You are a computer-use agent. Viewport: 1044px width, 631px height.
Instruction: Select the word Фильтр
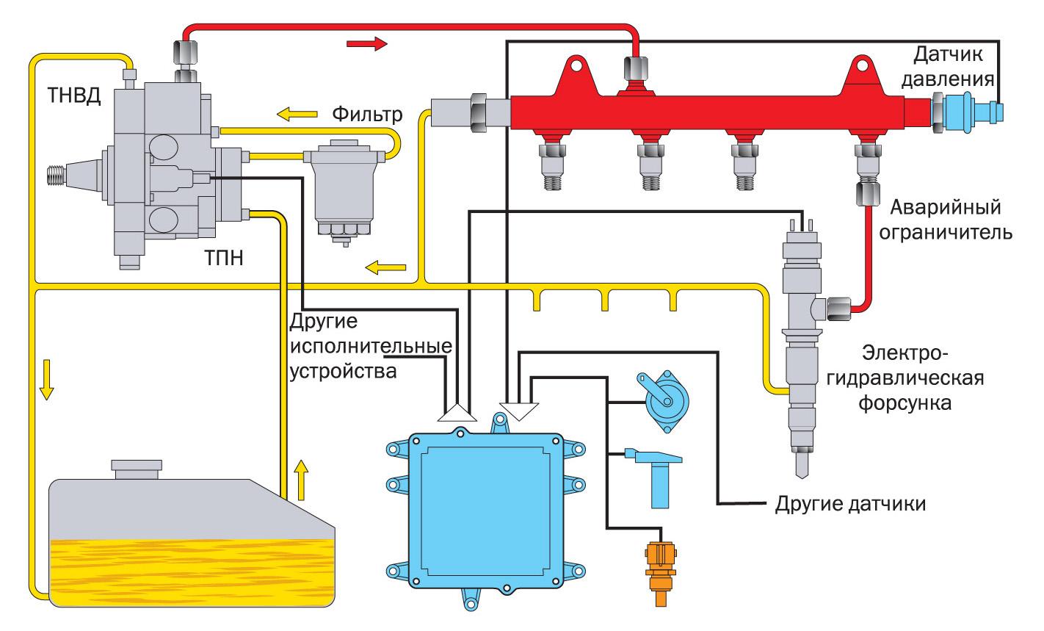(x=367, y=115)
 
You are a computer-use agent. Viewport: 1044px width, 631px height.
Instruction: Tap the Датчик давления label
(x=954, y=65)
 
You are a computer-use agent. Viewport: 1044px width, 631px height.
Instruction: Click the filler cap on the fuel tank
(x=136, y=468)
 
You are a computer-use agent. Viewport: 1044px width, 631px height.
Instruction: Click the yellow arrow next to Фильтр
(x=294, y=114)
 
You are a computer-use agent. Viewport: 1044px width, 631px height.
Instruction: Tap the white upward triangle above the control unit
(x=456, y=413)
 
